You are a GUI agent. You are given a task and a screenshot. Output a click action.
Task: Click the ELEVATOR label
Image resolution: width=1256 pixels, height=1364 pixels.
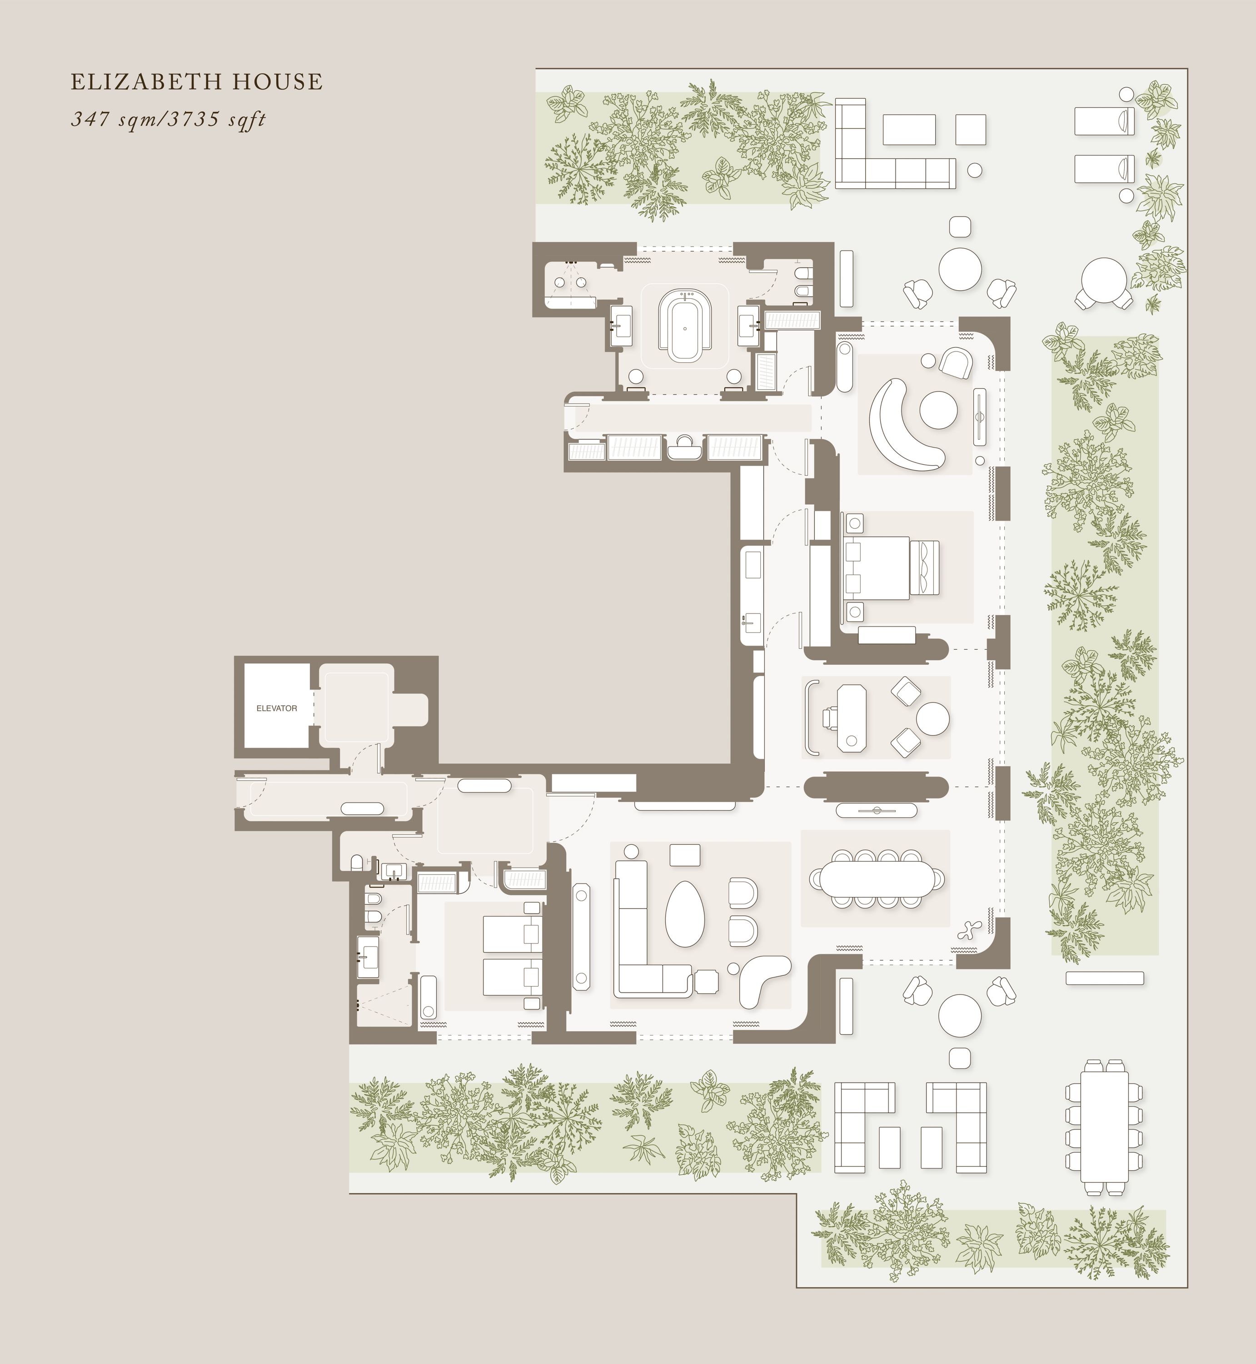point(277,708)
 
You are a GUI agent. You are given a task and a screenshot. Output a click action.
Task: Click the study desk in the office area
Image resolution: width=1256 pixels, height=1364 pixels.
point(852,718)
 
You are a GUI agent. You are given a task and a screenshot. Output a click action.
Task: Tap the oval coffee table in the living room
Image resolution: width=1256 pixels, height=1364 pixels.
point(684,914)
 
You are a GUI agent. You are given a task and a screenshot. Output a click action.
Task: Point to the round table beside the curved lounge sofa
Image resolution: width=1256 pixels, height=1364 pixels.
point(939,410)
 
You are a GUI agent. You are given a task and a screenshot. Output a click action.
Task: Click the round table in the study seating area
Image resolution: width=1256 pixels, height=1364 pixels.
point(932,718)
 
